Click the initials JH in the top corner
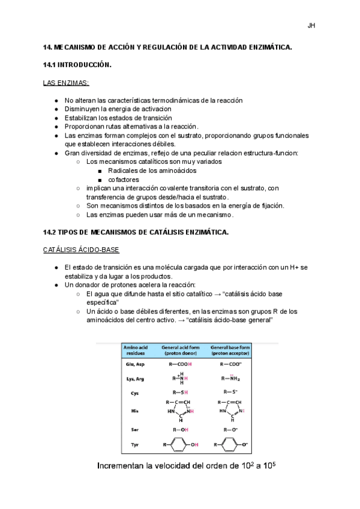(311, 25)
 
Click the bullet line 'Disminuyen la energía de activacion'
(118, 109)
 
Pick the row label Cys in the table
(134, 393)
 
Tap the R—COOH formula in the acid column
(180, 364)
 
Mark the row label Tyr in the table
(134, 444)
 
